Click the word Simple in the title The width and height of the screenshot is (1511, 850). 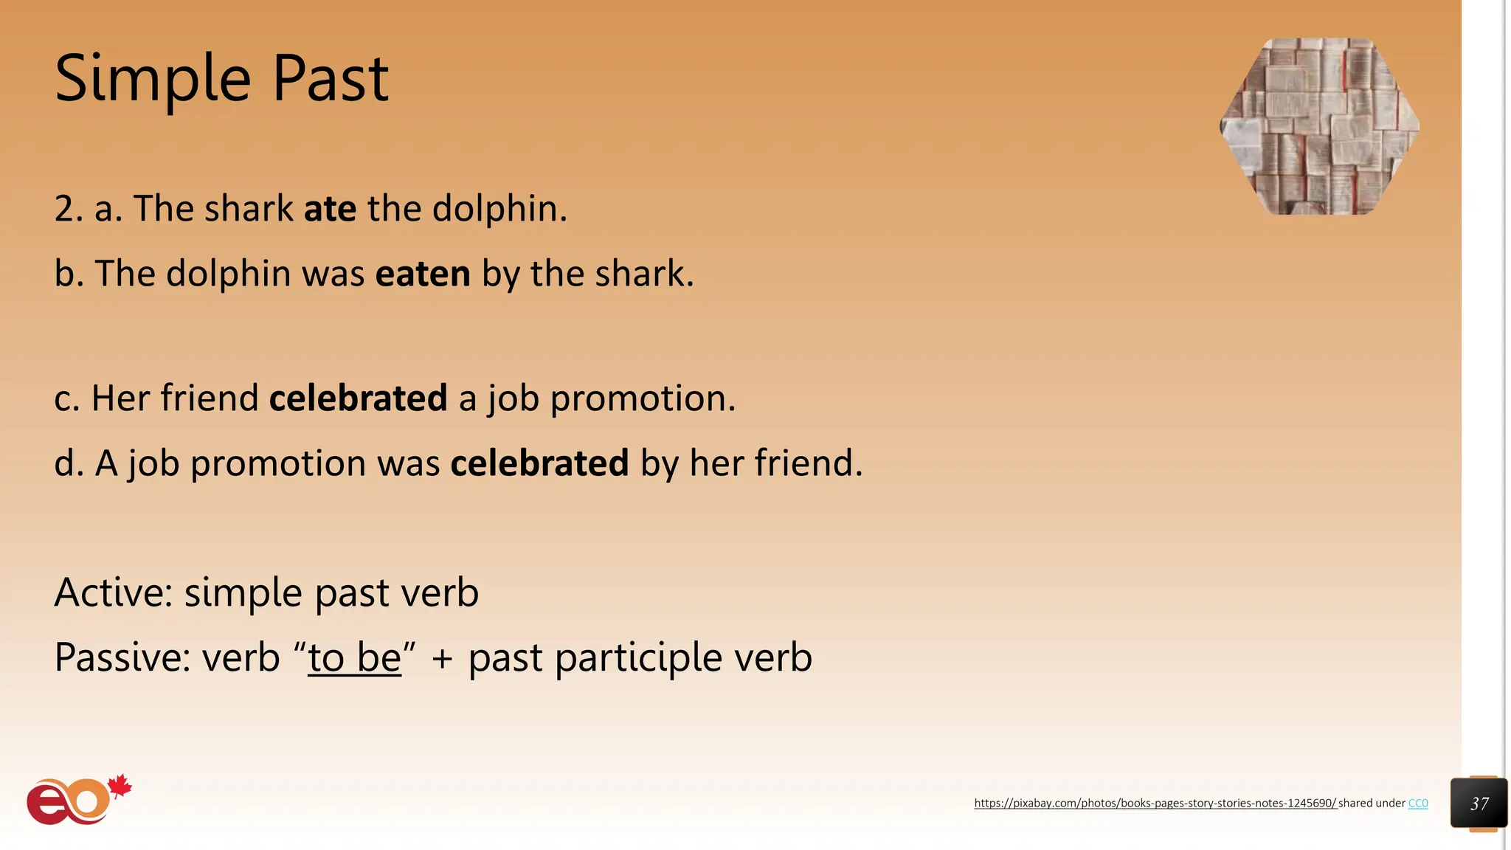click(x=153, y=80)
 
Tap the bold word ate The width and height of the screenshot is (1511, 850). click(x=330, y=209)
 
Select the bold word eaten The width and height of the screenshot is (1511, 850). click(x=423, y=274)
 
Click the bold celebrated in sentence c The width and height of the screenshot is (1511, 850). click(x=358, y=398)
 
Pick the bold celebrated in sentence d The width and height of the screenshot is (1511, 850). click(x=539, y=463)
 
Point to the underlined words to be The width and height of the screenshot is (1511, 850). click(x=354, y=657)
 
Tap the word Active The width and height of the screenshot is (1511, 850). click(x=112, y=592)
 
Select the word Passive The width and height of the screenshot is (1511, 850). click(x=121, y=657)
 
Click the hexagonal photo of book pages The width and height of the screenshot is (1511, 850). click(x=1319, y=127)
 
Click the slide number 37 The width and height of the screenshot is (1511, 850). click(x=1479, y=804)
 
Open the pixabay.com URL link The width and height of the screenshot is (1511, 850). click(x=1155, y=804)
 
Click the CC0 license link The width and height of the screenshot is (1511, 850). click(x=1418, y=804)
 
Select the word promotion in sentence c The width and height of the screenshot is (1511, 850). click(x=642, y=398)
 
